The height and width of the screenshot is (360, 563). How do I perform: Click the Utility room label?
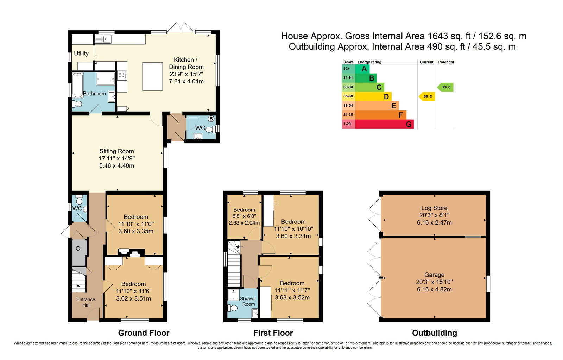[x=81, y=53]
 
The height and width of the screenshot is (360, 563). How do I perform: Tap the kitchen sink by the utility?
[x=103, y=39]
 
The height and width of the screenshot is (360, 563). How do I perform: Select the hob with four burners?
[x=122, y=76]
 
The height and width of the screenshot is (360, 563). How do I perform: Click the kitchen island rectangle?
[x=153, y=76]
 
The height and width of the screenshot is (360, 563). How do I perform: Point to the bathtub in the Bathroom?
[x=78, y=85]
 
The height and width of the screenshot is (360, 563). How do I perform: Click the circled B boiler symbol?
[x=211, y=119]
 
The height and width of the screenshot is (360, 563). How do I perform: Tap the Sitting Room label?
[x=116, y=151]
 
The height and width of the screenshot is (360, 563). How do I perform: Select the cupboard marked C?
[x=79, y=253]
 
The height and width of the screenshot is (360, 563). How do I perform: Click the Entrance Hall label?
[x=86, y=302]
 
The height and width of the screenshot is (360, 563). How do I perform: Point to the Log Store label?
[x=434, y=208]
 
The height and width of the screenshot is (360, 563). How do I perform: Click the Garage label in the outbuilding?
[x=434, y=275]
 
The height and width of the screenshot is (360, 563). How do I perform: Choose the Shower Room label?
[x=248, y=302]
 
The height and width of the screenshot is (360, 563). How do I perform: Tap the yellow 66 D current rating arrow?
[x=427, y=96]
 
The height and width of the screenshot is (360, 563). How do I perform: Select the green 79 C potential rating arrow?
[x=445, y=87]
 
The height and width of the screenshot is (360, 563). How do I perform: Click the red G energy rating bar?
[x=384, y=124]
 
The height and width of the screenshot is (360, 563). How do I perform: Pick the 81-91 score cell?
[x=348, y=78]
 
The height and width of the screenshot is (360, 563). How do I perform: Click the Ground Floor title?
[x=144, y=333]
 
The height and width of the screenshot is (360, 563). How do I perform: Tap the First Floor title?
[x=273, y=333]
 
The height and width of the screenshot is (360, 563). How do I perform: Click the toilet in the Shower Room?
[x=232, y=308]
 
